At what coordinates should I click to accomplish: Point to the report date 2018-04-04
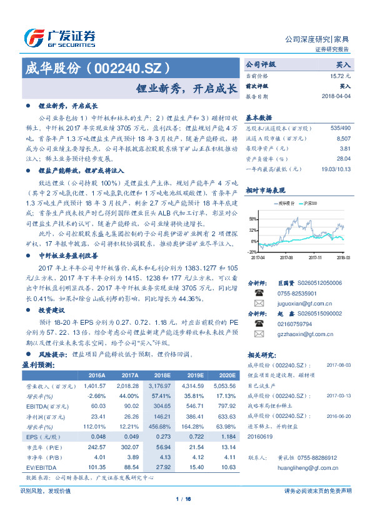point(334,97)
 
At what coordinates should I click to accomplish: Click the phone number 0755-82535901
point(298,293)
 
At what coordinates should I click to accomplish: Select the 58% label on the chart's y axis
point(253,219)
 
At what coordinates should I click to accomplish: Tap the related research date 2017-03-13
point(339,395)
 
